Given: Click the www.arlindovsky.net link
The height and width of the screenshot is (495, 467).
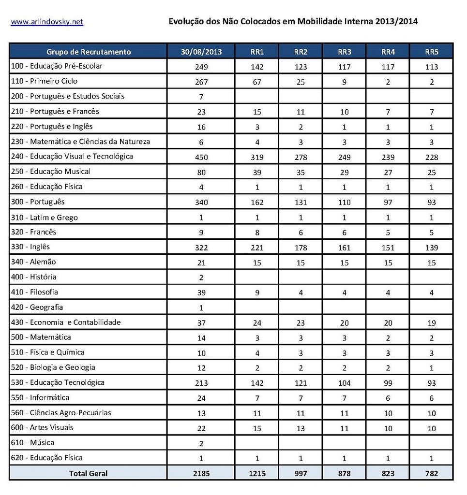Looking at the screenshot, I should (x=47, y=22).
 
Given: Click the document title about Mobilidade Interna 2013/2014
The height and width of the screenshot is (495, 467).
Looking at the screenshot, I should (x=293, y=21).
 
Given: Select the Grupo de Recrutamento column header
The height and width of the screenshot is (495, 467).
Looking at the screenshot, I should (x=89, y=52).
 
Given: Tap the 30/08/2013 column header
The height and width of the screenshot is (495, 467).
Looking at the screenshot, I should (x=201, y=52).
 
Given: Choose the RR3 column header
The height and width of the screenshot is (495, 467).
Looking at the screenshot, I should (x=344, y=52).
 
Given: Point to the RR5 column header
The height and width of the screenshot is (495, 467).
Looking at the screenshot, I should (x=432, y=52).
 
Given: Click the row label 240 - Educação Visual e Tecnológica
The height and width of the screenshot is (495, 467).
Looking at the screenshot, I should (x=72, y=156).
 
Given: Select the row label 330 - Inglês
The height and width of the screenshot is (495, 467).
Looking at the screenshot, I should (x=30, y=247).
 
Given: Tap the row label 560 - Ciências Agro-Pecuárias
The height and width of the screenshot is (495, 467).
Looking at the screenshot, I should (x=61, y=412).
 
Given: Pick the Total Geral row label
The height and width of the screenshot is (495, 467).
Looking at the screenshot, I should (x=89, y=473).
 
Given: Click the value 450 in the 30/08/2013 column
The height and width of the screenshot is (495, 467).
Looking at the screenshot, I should (x=201, y=157).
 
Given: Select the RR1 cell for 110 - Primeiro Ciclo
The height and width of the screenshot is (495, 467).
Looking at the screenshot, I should (x=257, y=82).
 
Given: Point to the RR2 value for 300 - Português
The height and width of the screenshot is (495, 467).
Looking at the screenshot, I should (x=301, y=203).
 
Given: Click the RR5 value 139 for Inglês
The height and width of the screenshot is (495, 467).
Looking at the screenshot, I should (x=432, y=248).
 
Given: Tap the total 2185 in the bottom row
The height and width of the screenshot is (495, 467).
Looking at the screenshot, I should (x=201, y=474).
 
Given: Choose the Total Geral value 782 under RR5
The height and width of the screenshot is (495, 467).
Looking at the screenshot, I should (x=432, y=474).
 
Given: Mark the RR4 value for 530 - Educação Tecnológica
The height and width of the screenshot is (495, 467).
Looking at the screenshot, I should (x=388, y=383).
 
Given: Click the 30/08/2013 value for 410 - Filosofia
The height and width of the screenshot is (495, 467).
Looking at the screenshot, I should (x=201, y=293).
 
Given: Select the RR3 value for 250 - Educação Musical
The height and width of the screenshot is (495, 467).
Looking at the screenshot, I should (x=344, y=173).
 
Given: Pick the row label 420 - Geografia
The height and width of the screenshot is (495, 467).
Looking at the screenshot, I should (x=37, y=307).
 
